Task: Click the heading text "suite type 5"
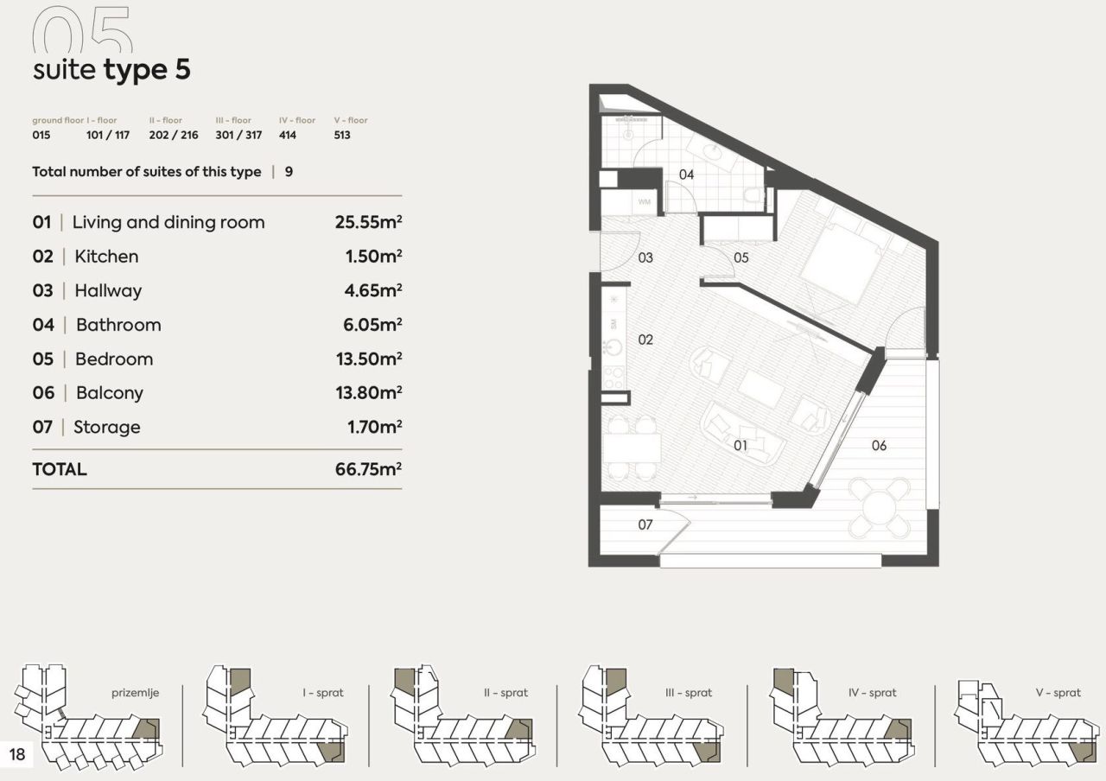[111, 70]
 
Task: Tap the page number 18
[17, 754]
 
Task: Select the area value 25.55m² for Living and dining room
[368, 222]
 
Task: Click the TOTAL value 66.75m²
[368, 469]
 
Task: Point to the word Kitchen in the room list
[106, 257]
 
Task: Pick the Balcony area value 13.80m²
[368, 393]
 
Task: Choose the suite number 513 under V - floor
[342, 136]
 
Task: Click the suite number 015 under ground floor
[41, 136]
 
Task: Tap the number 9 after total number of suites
[289, 172]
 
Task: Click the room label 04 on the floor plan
[686, 175]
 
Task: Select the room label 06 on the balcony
[879, 446]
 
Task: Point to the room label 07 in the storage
[645, 524]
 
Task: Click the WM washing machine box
[644, 202]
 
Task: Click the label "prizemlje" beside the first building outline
[136, 693]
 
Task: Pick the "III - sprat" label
[689, 693]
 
